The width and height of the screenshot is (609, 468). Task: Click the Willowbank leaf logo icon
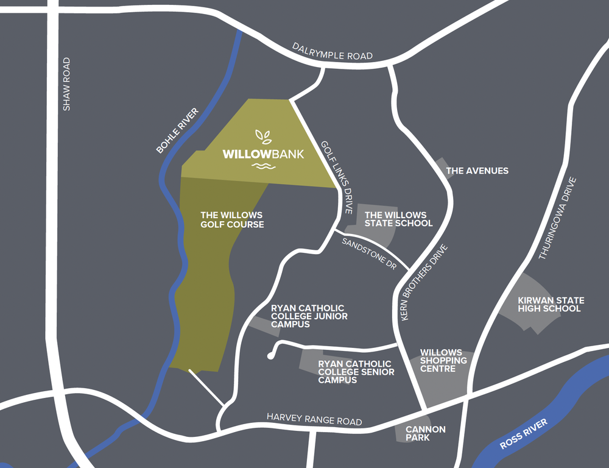(263, 136)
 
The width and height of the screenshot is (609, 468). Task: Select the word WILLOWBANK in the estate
(263, 154)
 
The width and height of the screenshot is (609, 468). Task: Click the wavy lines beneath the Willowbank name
(263, 167)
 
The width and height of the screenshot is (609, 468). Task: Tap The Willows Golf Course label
(232, 220)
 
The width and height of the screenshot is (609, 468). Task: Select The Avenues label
(477, 171)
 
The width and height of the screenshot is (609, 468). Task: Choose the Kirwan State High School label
(551, 304)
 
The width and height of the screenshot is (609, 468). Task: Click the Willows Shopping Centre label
(444, 361)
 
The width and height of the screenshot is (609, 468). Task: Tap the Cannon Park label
(425, 433)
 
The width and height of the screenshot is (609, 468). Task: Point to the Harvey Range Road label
(314, 420)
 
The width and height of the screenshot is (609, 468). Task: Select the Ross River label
(524, 434)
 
